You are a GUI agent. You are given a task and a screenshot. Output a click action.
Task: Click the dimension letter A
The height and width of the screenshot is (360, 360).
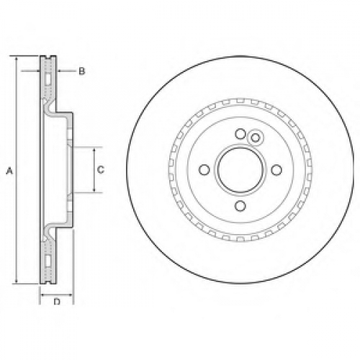[9, 171]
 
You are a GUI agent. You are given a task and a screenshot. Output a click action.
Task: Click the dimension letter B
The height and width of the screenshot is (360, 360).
[82, 71]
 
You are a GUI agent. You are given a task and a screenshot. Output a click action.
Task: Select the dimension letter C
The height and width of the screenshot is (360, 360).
[101, 170]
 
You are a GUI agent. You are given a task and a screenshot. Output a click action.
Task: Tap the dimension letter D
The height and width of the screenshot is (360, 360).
[57, 302]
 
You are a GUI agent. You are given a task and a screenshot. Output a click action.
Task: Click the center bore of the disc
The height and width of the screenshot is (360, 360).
[240, 170]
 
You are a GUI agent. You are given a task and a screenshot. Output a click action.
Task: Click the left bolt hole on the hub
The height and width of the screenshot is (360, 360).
[204, 170]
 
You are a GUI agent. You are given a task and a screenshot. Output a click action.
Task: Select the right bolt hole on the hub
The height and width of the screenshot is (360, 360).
[276, 170]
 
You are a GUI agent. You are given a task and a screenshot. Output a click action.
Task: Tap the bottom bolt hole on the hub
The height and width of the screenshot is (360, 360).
[240, 206]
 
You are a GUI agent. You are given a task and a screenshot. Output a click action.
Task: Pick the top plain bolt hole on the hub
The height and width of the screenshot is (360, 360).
[240, 134]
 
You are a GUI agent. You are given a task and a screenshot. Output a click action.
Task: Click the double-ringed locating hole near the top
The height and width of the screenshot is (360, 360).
[255, 138]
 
